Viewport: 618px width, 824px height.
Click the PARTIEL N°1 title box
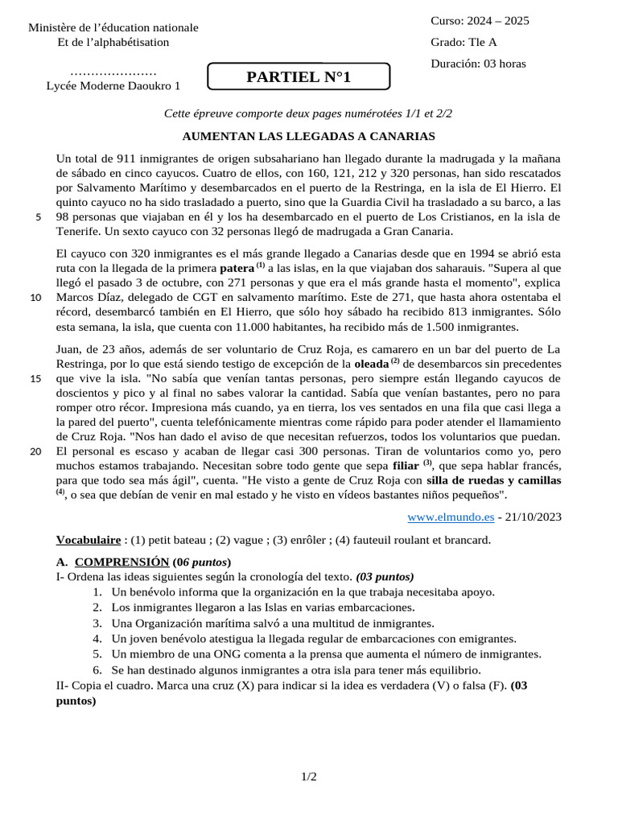point(299,77)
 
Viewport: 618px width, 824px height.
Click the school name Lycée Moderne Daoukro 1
point(113,85)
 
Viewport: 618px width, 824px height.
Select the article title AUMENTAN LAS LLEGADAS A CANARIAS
point(309,136)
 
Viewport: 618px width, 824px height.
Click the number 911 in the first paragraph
point(130,159)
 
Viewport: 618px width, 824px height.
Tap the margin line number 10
point(36,298)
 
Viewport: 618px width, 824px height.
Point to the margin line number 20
point(36,451)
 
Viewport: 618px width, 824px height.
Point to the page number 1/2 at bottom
point(309,777)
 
